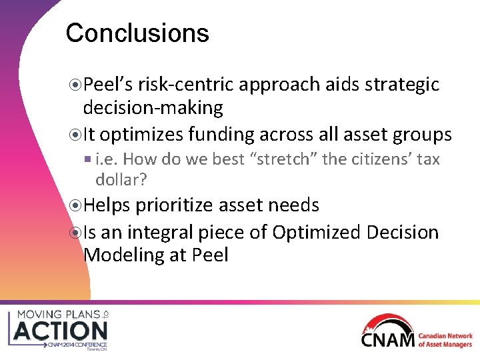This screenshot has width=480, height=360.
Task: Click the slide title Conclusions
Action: [x=137, y=33]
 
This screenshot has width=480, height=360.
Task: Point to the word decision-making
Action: [x=153, y=107]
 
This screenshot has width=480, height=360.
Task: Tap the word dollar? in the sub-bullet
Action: [x=121, y=179]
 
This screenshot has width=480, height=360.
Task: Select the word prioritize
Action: [x=176, y=205]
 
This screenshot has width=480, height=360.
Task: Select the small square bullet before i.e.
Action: [x=89, y=160]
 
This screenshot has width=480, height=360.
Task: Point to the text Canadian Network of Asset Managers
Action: [x=445, y=340]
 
